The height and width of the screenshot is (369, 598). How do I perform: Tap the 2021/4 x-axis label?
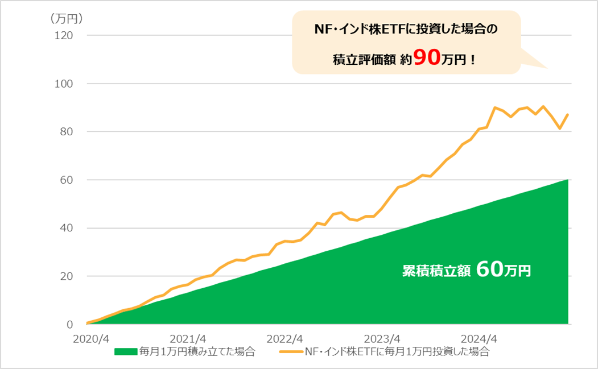(188, 338)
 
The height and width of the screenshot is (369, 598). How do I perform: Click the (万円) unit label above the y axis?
(67, 18)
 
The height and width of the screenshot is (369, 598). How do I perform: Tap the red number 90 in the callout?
(426, 57)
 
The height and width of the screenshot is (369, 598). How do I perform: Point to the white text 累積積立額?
(436, 271)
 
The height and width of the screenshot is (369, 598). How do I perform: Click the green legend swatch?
(126, 351)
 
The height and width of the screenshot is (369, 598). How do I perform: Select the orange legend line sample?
(291, 351)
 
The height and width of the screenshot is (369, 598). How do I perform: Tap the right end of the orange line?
(568, 115)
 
